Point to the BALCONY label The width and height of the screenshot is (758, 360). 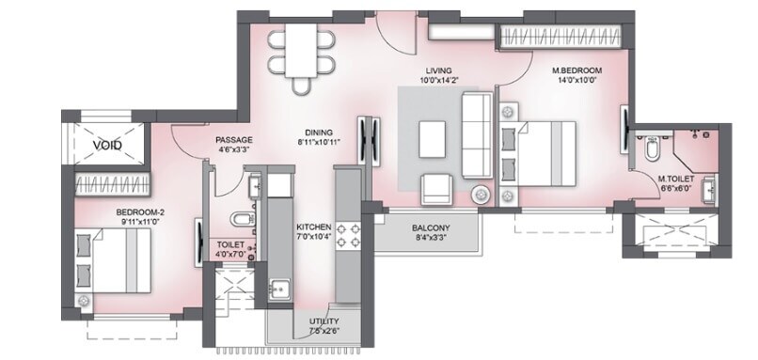tap(431, 228)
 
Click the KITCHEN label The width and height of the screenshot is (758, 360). tap(314, 228)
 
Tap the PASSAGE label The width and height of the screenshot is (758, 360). tap(232, 138)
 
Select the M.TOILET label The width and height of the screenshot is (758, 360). tap(675, 179)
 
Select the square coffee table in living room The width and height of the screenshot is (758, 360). tap(434, 139)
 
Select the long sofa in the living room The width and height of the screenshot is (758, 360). tap(475, 134)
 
